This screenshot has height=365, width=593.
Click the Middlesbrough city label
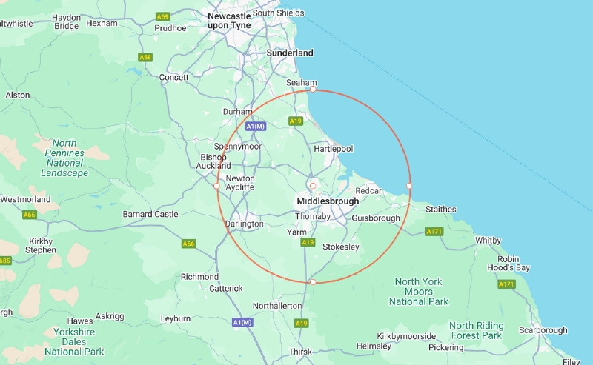click(x=328, y=201)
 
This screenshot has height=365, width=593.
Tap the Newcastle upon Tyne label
click(x=229, y=20)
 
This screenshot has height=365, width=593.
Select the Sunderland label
click(x=290, y=53)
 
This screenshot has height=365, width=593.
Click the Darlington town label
click(x=244, y=224)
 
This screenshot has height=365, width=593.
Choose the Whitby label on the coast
click(x=488, y=240)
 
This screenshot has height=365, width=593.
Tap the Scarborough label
click(x=543, y=330)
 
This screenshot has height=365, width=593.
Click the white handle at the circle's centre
click(x=313, y=186)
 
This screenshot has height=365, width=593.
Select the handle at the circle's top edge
click(x=313, y=90)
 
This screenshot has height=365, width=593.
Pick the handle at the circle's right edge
click(x=409, y=185)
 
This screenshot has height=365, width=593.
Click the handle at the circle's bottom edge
click(x=313, y=282)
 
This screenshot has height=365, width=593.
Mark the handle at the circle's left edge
click(x=216, y=187)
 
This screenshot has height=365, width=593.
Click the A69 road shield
click(x=163, y=16)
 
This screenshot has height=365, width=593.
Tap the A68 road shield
click(x=145, y=57)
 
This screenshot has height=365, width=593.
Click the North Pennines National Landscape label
click(x=64, y=158)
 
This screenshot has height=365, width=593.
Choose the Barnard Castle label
click(x=150, y=214)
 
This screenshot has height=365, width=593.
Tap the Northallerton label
click(x=277, y=305)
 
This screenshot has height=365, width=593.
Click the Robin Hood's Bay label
click(x=508, y=263)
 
